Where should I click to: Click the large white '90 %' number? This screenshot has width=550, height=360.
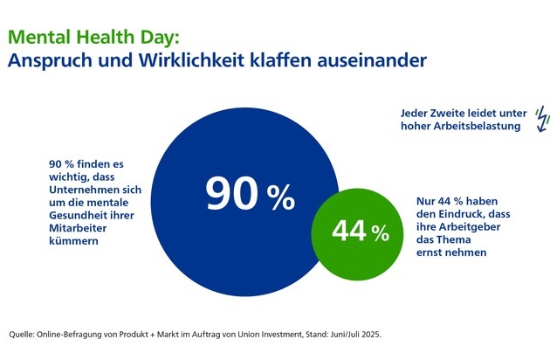tap(250, 196)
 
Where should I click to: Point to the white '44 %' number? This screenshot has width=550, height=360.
tap(360, 232)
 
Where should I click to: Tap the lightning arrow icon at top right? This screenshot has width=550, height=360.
tap(540, 117)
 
